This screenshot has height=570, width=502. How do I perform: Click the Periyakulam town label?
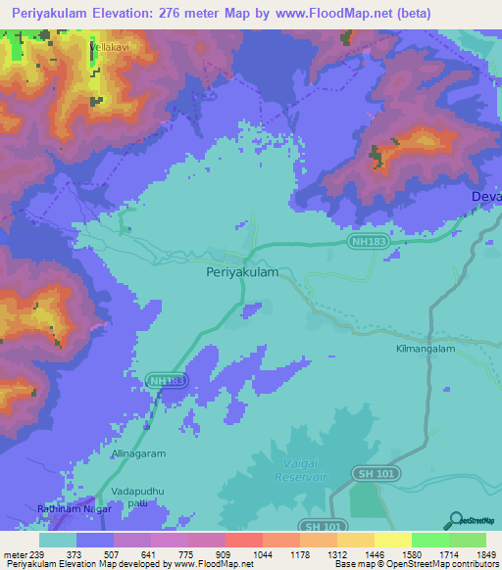coord(242,274)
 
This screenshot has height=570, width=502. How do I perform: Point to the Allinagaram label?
coord(139,454)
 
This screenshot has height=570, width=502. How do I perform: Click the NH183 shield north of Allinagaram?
coord(165,379)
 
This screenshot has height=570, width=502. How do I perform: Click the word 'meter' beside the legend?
coord(15,556)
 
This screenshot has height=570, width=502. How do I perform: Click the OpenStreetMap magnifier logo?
coord(454,520)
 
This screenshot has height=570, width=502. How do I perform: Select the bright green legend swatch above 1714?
coord(429,540)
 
